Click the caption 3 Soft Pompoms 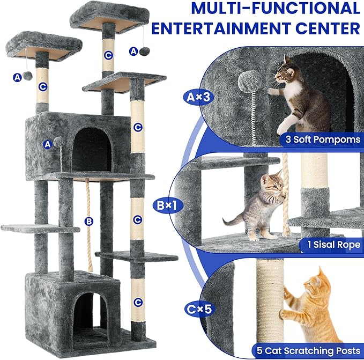[320, 139]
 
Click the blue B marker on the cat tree [89, 221]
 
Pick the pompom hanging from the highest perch [144, 51]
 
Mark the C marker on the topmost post [108, 55]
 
